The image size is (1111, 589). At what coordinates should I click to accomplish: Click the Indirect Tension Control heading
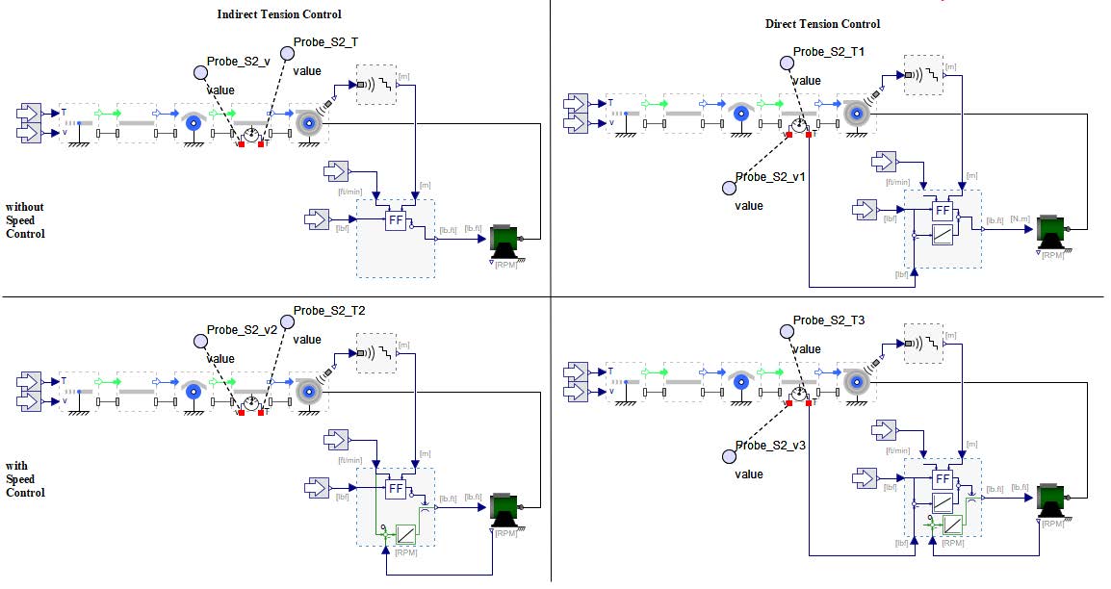coord(279,14)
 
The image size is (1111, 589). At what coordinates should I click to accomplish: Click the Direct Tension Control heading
coord(822,24)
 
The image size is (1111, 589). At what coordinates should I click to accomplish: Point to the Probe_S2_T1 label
coord(829,51)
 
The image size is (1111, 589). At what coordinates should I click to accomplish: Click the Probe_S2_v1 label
coord(770,177)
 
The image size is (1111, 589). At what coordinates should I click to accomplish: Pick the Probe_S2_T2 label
coord(330,311)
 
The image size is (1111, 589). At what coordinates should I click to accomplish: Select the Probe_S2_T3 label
coord(829,320)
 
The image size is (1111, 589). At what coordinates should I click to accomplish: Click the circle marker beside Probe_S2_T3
coord(787,331)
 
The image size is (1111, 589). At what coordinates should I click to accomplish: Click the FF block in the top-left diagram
coord(395,220)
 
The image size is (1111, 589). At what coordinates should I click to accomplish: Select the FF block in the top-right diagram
coord(943,210)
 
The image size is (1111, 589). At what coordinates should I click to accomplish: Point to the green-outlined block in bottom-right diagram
coord(952,525)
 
